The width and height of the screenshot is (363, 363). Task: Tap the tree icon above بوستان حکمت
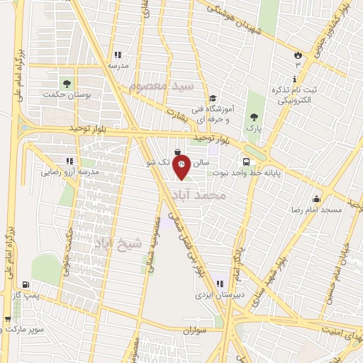click(x=68, y=83)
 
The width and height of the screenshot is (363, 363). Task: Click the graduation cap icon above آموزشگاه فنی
click(x=212, y=99)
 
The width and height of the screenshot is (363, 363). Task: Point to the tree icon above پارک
click(x=253, y=118)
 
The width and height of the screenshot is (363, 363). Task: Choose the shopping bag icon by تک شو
click(x=177, y=151)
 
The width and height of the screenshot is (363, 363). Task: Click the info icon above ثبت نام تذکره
click(x=296, y=79)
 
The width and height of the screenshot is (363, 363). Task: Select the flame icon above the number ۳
click(x=298, y=55)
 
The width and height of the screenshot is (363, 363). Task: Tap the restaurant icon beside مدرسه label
click(x=118, y=55)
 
